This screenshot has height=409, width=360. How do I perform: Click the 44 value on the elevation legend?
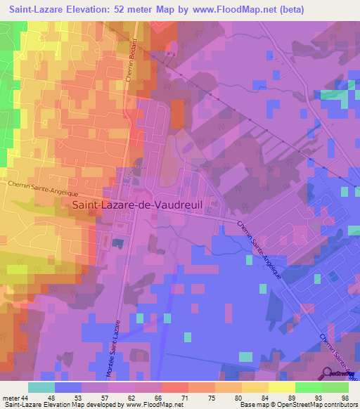tap(25, 398)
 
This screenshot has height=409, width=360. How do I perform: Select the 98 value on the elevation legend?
tap(344, 398)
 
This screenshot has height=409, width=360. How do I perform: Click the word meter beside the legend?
tap(10, 398)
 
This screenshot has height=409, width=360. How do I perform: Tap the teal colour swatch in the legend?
tap(41, 387)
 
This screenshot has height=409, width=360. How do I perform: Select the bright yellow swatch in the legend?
tap(281, 387)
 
